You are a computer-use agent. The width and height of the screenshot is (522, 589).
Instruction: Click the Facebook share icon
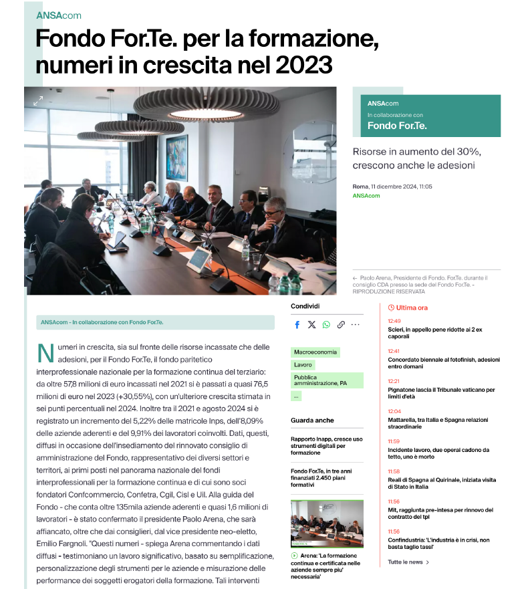(x=297, y=325)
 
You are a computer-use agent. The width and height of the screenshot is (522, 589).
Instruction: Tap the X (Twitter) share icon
(x=311, y=325)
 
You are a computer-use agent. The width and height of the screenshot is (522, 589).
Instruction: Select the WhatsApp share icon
(x=326, y=325)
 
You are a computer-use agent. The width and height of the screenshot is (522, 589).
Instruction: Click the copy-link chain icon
(x=341, y=325)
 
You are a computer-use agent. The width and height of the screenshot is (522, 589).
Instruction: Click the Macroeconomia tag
(x=316, y=352)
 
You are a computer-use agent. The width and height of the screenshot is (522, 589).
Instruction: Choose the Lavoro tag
(x=303, y=365)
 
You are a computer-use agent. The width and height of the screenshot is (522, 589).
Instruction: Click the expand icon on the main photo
(x=38, y=101)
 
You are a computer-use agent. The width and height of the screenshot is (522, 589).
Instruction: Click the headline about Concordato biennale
(x=443, y=362)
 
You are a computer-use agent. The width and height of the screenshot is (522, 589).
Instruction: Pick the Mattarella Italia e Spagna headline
(x=438, y=423)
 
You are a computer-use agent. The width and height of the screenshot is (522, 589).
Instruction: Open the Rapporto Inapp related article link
(x=326, y=445)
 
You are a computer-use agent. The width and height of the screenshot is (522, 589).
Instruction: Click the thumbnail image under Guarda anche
(x=327, y=524)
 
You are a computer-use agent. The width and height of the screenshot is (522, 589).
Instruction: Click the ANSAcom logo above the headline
(x=59, y=15)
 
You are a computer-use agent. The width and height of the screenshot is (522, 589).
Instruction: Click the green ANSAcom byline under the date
(x=366, y=196)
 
